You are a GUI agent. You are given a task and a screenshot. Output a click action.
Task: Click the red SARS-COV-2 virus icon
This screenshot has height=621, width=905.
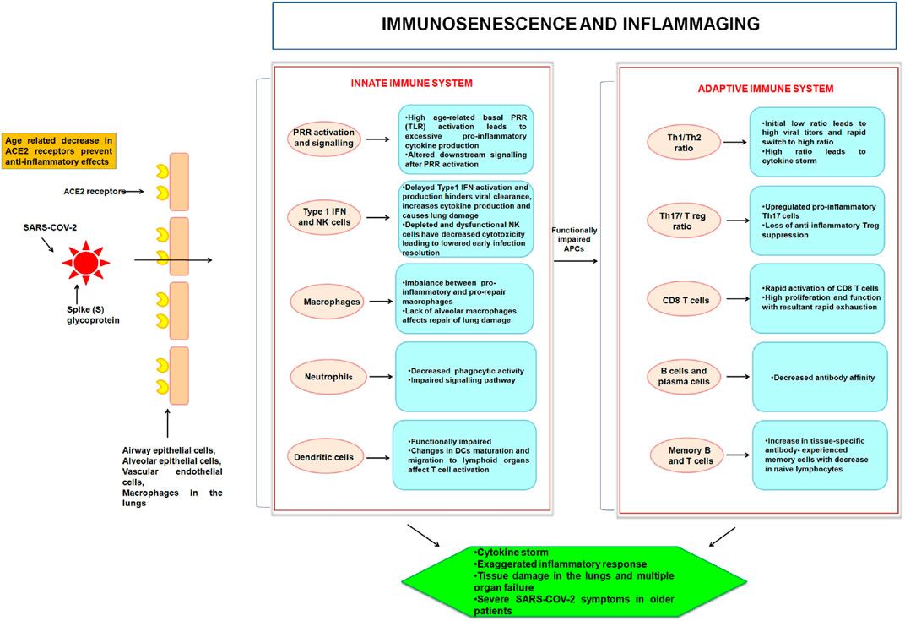pos(84,262)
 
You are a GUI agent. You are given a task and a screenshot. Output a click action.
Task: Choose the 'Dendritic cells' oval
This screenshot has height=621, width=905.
pos(327,457)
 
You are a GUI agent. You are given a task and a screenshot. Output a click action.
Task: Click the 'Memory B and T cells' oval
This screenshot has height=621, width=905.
pos(685,455)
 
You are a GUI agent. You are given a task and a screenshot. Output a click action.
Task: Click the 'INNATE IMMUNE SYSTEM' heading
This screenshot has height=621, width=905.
pos(412,83)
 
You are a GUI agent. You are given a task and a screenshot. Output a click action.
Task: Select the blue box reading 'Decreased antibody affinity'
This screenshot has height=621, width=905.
pos(819,377)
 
